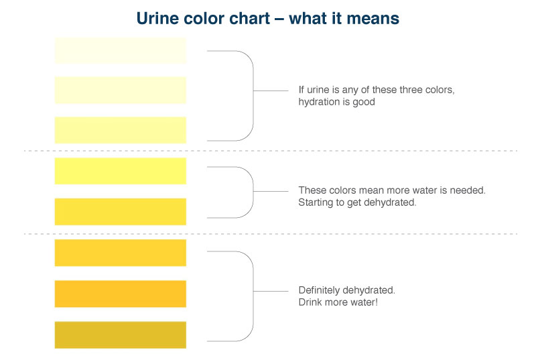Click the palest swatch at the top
point(121,51)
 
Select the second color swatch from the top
point(121,90)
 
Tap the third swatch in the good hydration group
point(121,130)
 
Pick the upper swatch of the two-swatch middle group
point(121,171)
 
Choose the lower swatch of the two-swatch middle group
point(121,211)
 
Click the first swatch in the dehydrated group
point(121,253)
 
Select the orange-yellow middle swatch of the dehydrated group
point(121,294)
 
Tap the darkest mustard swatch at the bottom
point(121,335)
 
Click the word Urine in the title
point(157,18)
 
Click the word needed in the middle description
point(470,190)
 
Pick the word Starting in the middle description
point(315,202)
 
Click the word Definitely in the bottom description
point(322,290)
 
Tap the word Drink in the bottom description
point(311,302)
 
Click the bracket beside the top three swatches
point(252,91)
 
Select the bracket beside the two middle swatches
point(252,192)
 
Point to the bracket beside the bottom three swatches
point(252,292)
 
